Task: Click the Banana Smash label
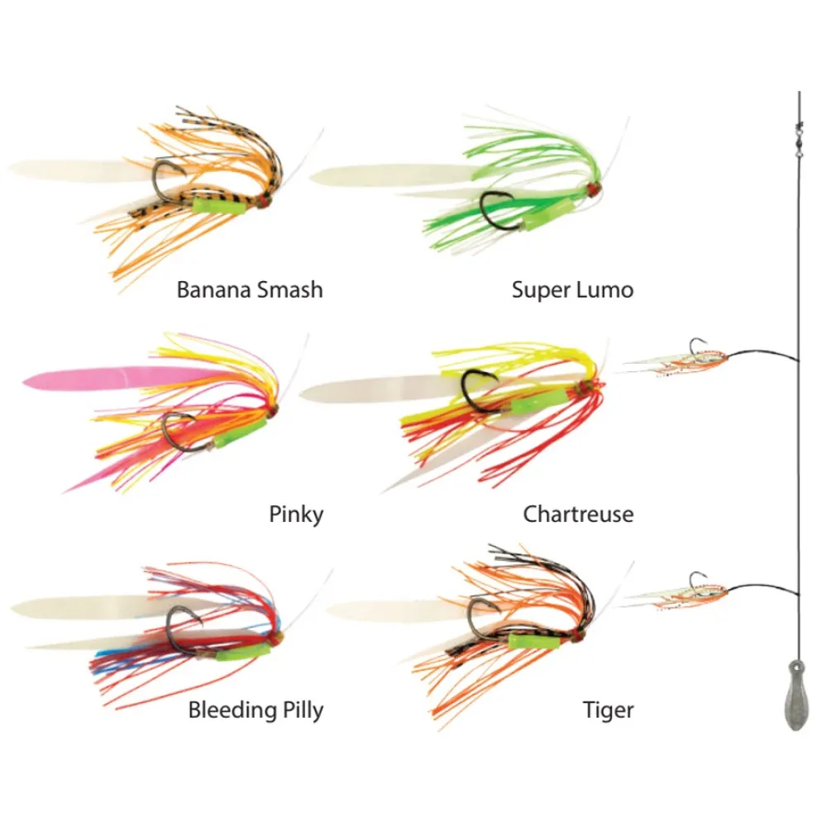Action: click(249, 290)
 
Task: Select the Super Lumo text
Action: click(572, 290)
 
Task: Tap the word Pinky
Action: click(296, 514)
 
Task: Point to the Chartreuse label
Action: click(578, 514)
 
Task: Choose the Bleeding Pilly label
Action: click(256, 710)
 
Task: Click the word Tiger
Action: click(608, 710)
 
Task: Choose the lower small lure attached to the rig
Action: click(674, 592)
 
